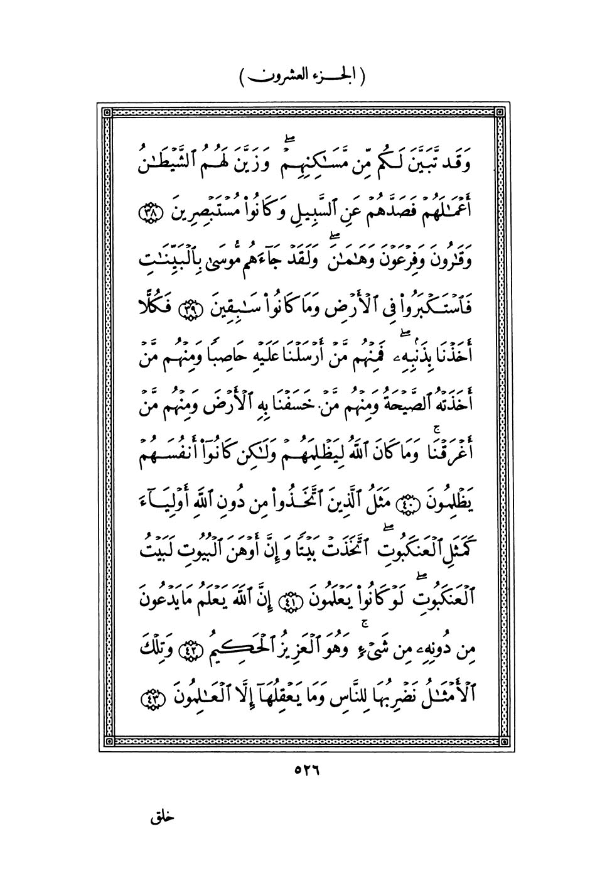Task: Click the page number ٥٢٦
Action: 306,771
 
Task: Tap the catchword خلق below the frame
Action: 162,820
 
